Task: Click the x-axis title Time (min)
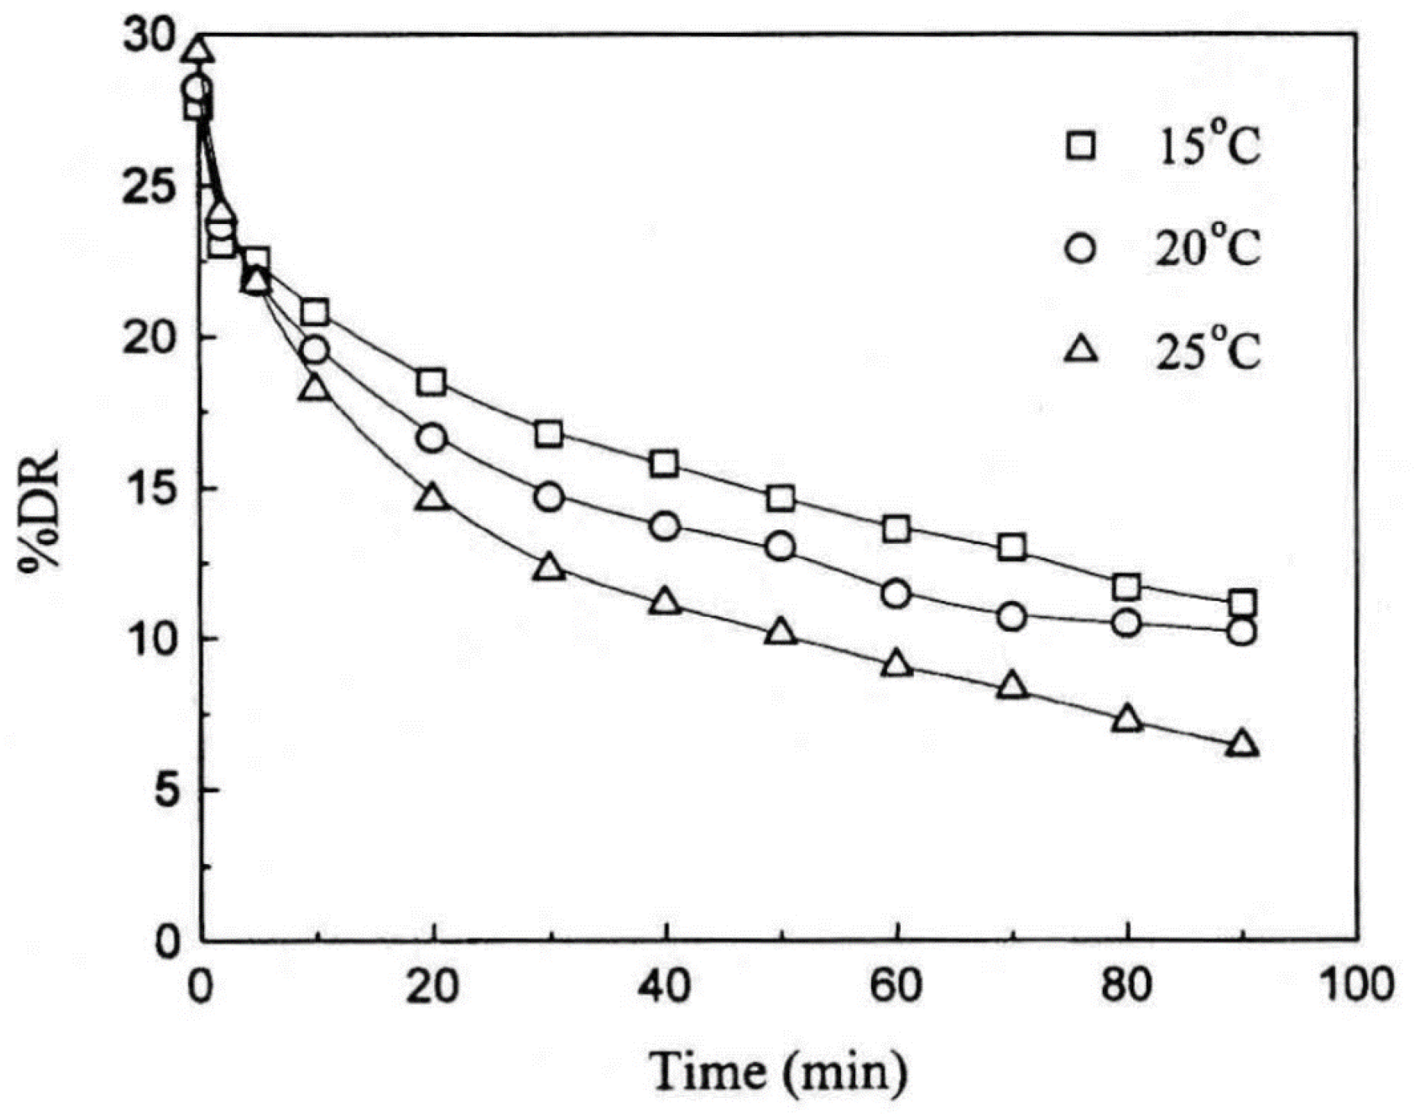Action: coord(779,1072)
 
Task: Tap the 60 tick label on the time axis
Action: coord(896,984)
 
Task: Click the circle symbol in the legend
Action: coord(1081,248)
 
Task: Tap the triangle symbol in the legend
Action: coord(1081,350)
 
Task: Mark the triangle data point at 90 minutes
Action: coord(1242,744)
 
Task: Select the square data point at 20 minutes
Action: coord(432,382)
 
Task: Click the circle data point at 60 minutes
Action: coord(896,594)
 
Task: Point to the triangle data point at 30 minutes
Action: coord(549,568)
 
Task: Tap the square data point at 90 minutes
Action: coord(1242,603)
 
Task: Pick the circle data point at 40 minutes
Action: coord(665,526)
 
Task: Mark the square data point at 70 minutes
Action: coord(1011,547)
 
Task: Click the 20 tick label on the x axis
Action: coord(433,984)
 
